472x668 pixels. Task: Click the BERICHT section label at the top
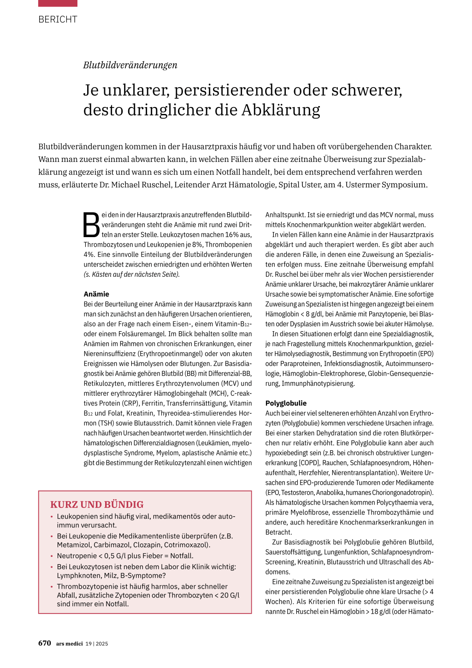58,19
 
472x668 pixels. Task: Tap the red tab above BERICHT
58,3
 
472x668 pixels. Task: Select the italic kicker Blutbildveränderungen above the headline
130,65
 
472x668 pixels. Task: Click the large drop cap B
91,225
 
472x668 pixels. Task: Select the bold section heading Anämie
96,294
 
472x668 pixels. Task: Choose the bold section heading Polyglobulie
286,403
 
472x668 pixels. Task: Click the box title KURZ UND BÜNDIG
97,505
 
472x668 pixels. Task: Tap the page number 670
45,643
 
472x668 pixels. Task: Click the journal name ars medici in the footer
70,644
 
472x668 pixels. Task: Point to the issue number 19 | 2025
97,644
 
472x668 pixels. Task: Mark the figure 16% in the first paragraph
232,235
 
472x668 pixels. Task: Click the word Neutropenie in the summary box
77,556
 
